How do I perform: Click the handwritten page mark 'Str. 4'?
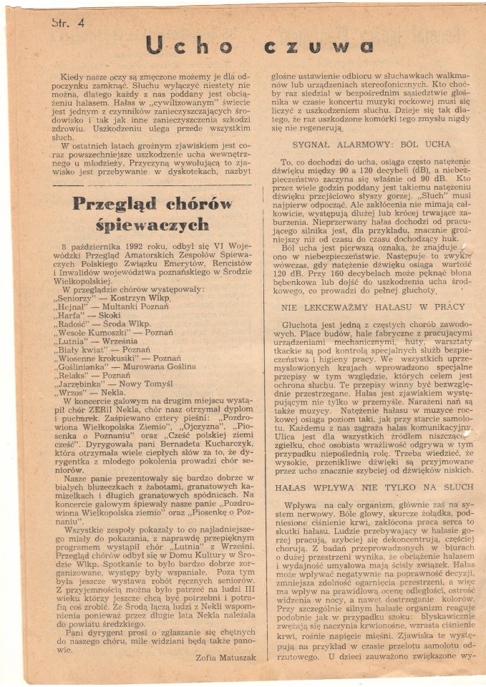pos(68,22)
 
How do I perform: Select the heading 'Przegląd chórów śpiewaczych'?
pos(153,213)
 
